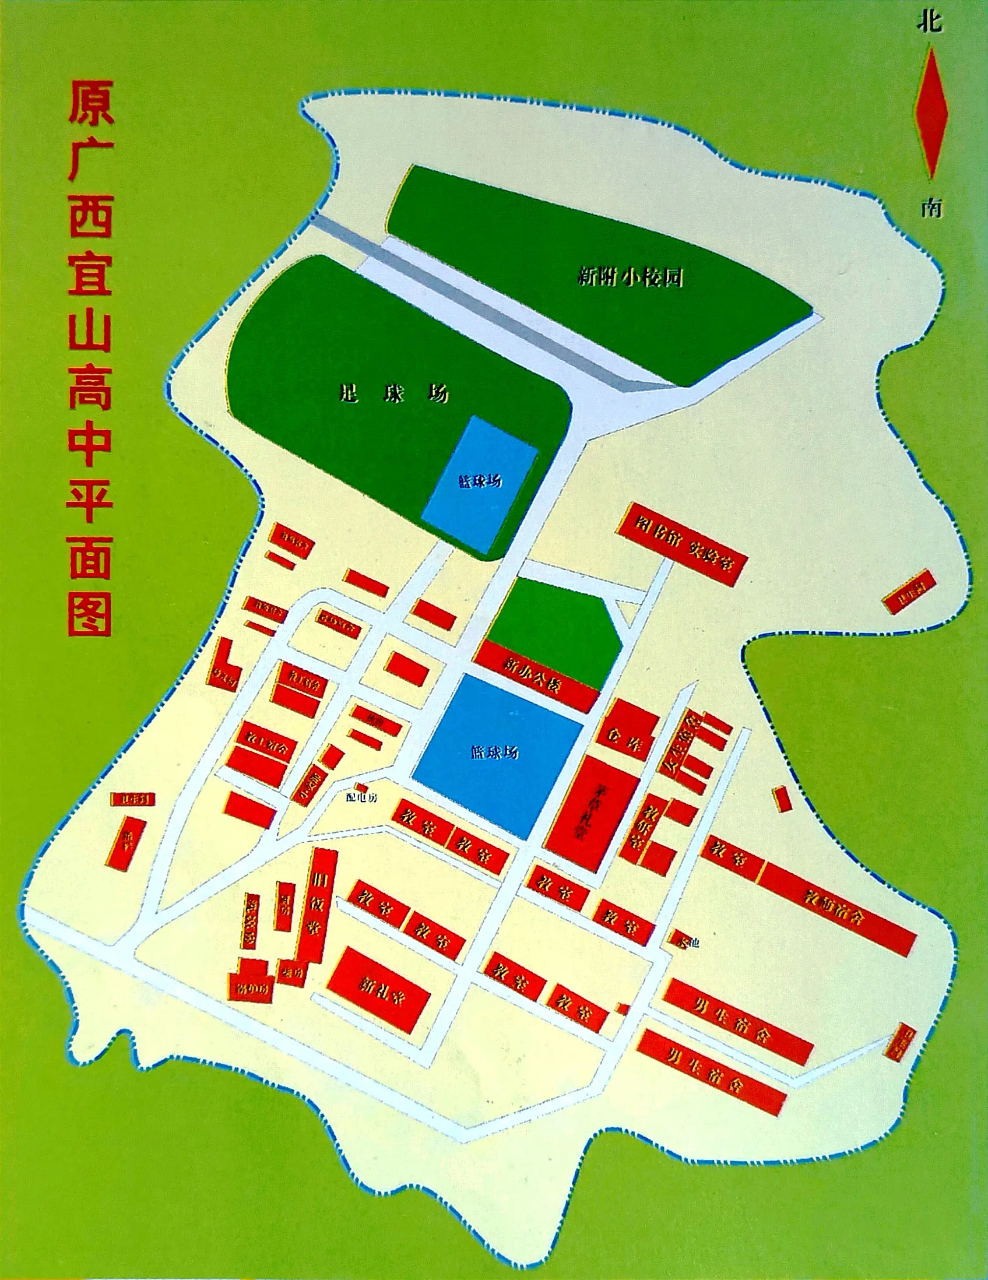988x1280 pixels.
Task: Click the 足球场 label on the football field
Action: pyautogui.click(x=394, y=393)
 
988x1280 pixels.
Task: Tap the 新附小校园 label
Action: pyautogui.click(x=630, y=277)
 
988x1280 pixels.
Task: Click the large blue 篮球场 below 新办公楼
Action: pyautogui.click(x=497, y=753)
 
